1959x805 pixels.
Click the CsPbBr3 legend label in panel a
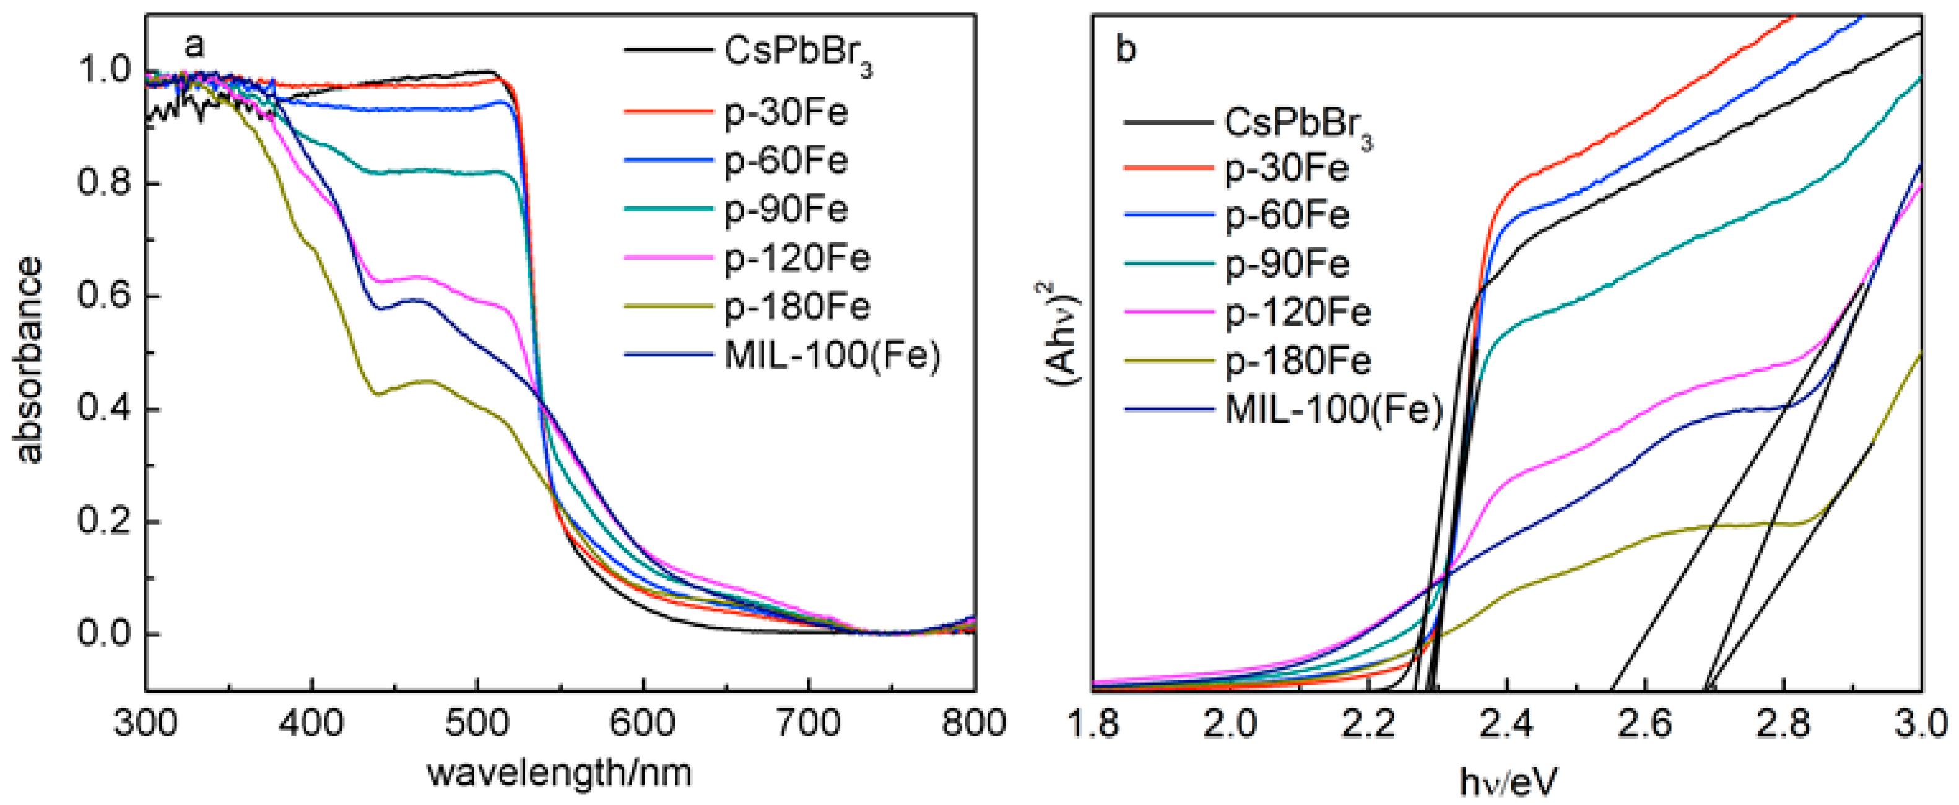(x=797, y=53)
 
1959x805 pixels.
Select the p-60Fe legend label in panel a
(x=785, y=161)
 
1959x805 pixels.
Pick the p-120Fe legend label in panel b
(x=1297, y=313)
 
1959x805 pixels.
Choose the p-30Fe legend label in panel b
(x=1286, y=168)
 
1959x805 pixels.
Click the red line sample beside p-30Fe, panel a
(x=667, y=113)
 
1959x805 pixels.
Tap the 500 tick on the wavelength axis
(x=477, y=723)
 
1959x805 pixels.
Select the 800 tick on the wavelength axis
(x=973, y=723)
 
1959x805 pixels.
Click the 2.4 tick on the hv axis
(x=1506, y=723)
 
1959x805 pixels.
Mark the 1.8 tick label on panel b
(x=1093, y=723)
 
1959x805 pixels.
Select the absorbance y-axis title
(x=29, y=359)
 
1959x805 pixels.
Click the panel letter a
(x=194, y=46)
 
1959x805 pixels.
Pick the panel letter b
(x=1126, y=50)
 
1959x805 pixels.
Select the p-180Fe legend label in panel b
(x=1297, y=361)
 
